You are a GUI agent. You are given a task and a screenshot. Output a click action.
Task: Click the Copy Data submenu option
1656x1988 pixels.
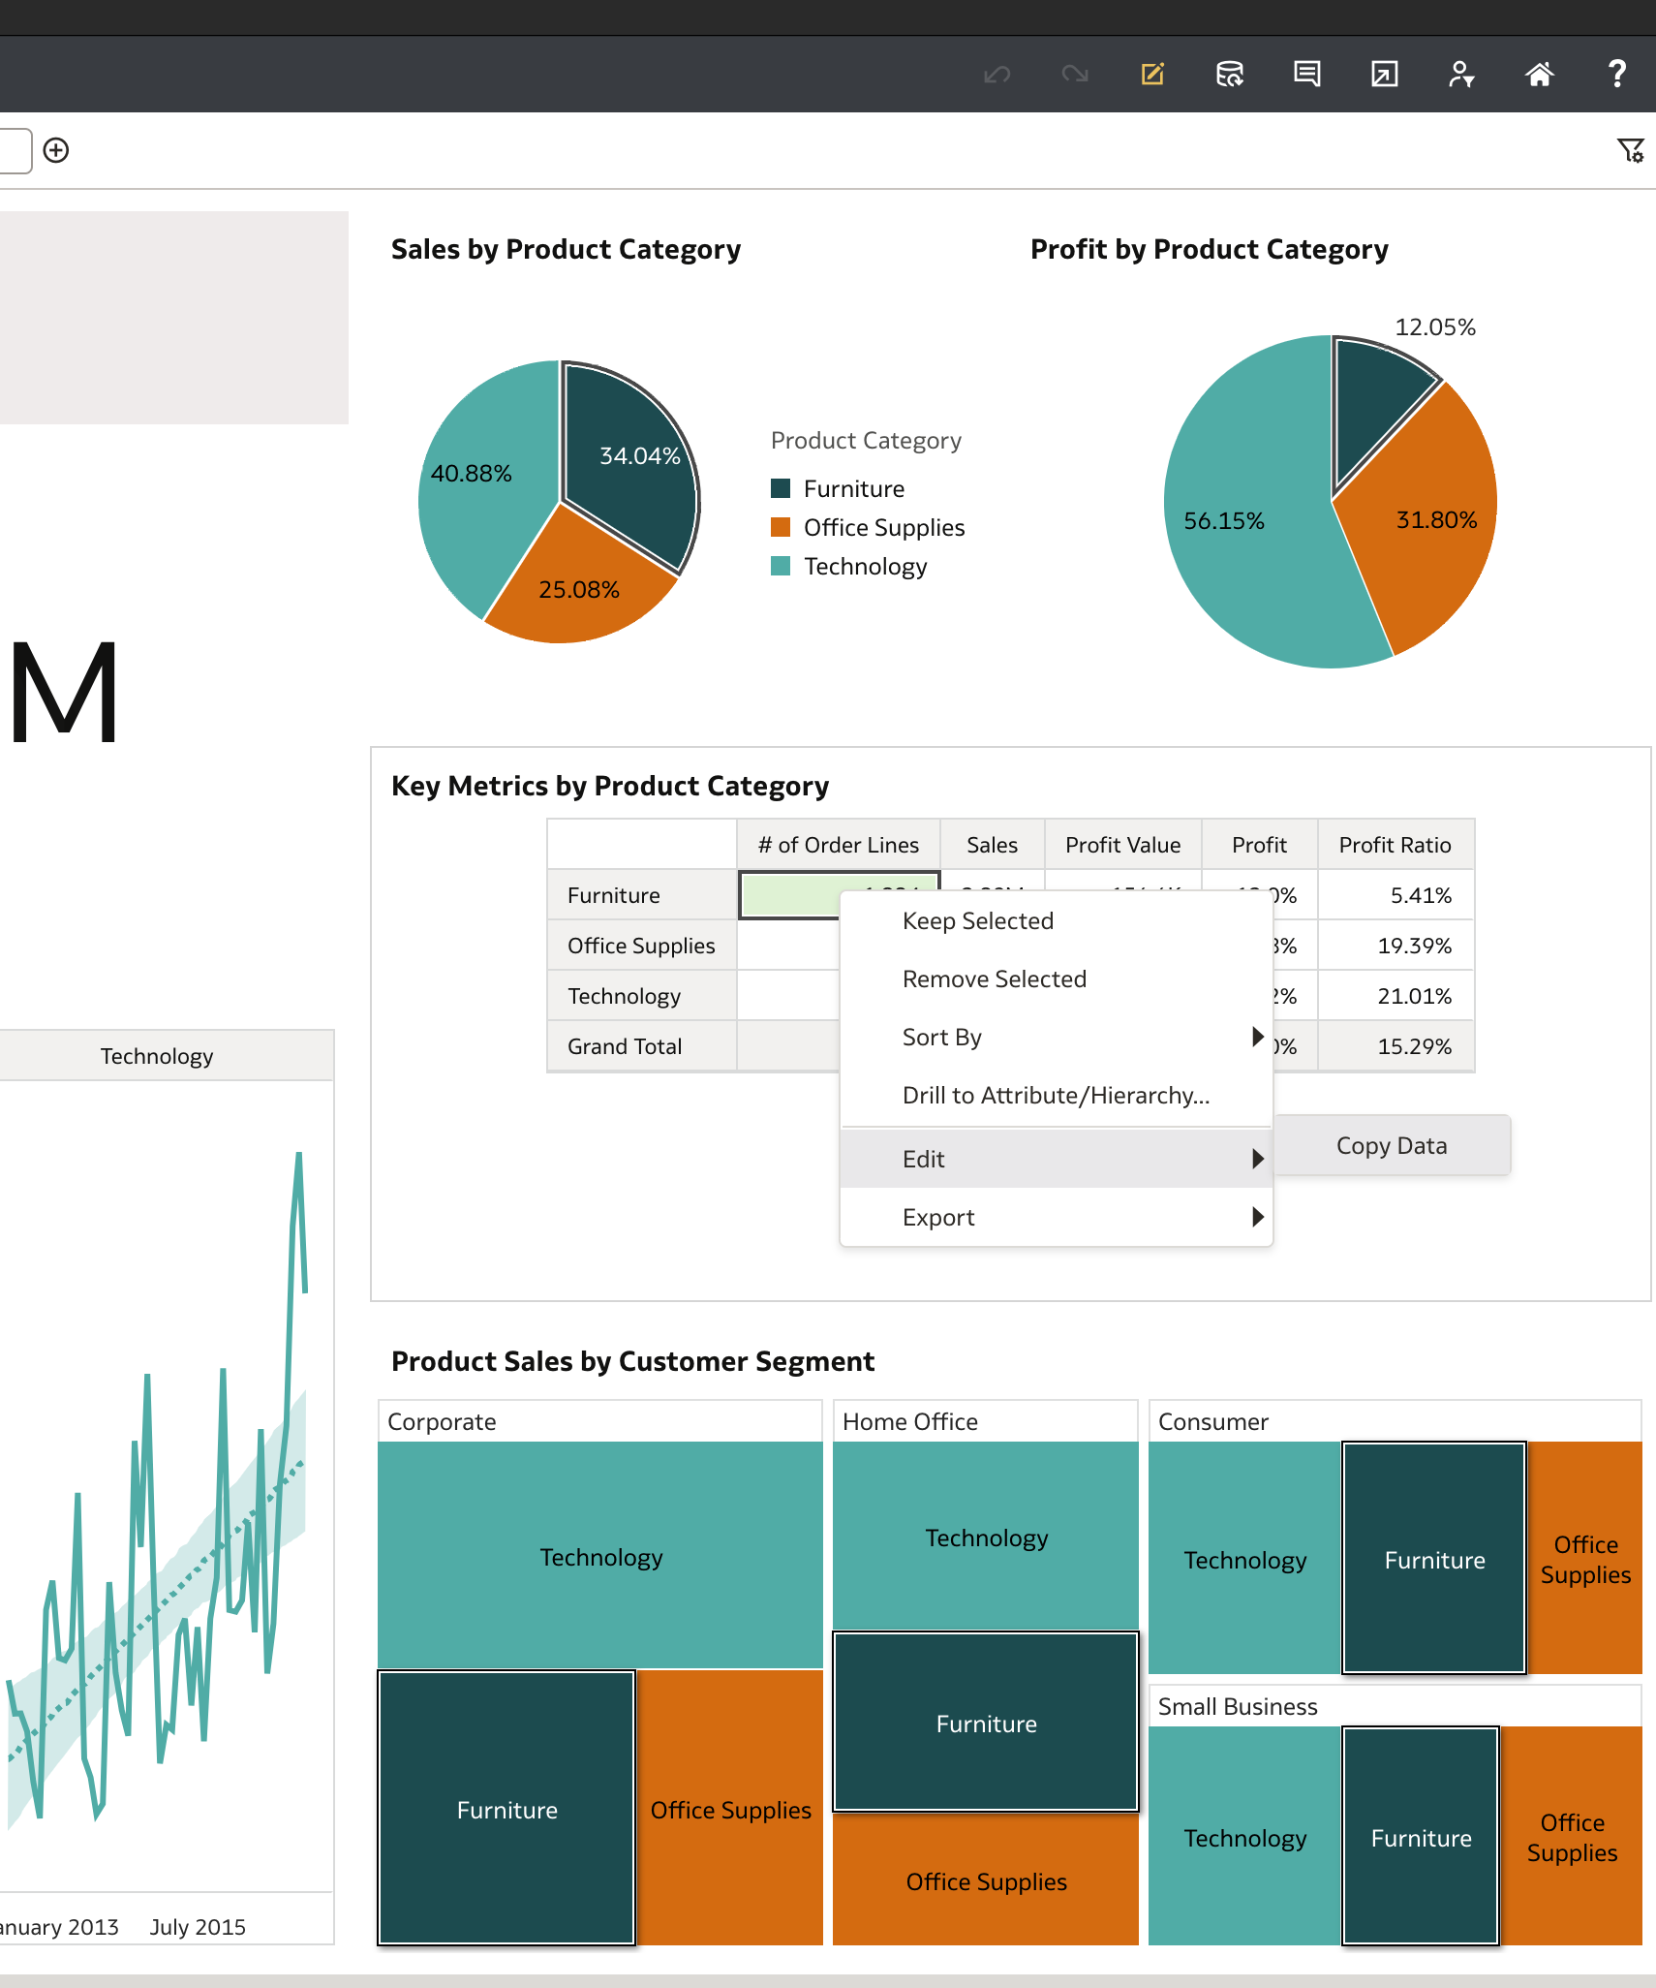(x=1392, y=1145)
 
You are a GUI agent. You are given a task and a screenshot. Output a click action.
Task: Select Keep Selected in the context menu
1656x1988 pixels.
(x=977, y=921)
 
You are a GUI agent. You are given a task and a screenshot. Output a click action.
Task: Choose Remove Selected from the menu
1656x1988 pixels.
(x=994, y=979)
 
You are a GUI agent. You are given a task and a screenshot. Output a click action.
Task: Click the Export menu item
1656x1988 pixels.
(x=938, y=1218)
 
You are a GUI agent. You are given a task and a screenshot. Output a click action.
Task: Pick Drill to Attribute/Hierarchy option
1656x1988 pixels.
(x=1056, y=1096)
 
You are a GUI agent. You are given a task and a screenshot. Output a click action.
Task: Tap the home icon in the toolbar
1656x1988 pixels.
(x=1539, y=74)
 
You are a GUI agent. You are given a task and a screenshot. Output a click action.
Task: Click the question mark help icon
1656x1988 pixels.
(x=1616, y=74)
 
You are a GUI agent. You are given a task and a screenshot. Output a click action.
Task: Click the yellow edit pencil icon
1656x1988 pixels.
(x=1152, y=74)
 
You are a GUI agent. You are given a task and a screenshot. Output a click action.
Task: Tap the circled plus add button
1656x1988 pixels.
(x=56, y=150)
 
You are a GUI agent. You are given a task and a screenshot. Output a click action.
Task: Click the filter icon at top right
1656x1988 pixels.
(x=1630, y=150)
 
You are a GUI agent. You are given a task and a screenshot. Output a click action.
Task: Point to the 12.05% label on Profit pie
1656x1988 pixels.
(x=1434, y=327)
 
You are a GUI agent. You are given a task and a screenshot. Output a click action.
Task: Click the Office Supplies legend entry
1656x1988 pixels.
(x=883, y=528)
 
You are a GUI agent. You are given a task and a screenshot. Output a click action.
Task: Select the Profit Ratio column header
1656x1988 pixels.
(x=1395, y=845)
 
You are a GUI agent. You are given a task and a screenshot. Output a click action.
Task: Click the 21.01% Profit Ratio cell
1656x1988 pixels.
(x=1414, y=996)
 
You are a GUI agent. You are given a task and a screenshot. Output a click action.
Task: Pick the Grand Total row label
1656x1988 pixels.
(x=625, y=1046)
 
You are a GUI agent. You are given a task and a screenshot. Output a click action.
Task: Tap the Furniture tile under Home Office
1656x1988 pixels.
(x=986, y=1724)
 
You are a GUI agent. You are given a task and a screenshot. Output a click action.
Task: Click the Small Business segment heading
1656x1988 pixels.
(x=1238, y=1707)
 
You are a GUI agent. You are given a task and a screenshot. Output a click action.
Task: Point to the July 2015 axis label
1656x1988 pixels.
(x=198, y=1927)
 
